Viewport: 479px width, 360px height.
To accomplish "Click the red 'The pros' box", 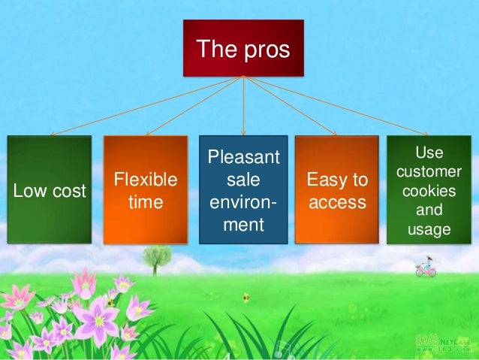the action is click(x=243, y=50).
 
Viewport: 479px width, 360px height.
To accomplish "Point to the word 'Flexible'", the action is click(x=145, y=180).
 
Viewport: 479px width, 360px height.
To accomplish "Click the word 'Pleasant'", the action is click(x=243, y=159).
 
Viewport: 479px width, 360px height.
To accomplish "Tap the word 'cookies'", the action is click(x=429, y=191).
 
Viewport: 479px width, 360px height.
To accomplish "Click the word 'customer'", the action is click(x=429, y=173).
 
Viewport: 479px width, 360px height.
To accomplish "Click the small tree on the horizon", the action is click(x=156, y=258).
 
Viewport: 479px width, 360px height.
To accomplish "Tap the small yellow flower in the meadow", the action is click(x=245, y=298).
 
